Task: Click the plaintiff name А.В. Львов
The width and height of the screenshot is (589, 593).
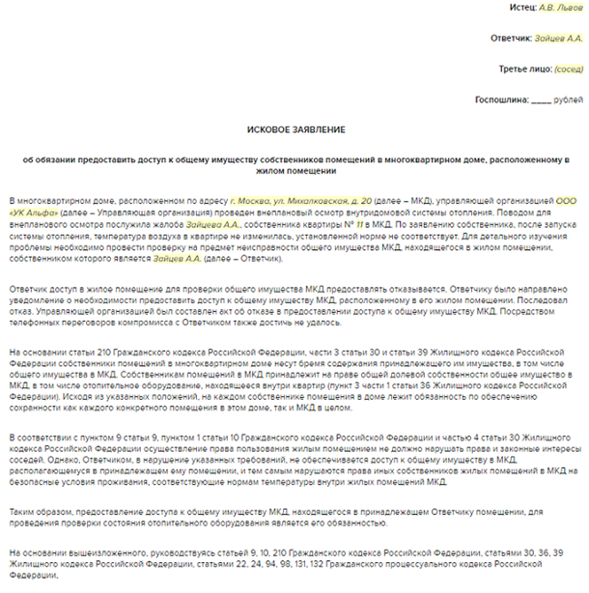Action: pos(561,8)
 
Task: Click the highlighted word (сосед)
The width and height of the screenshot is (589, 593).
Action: pos(569,69)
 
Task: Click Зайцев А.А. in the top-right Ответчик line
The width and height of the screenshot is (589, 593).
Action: pos(561,39)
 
